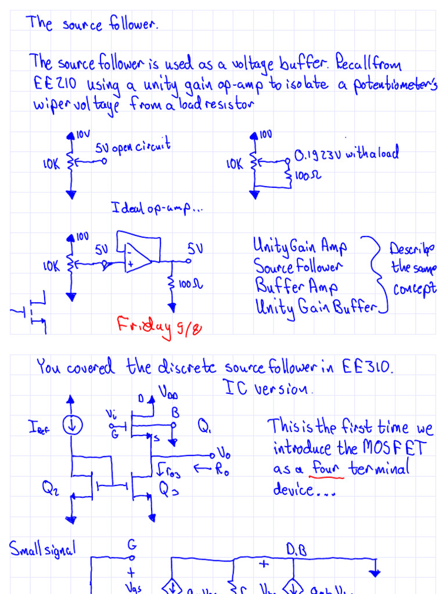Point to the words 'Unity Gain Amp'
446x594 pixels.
[300, 247]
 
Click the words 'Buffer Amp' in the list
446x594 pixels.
[296, 287]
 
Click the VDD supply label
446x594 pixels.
[166, 394]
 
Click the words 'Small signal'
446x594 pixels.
[42, 548]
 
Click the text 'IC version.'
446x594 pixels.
[268, 388]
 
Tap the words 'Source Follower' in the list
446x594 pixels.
[298, 267]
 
